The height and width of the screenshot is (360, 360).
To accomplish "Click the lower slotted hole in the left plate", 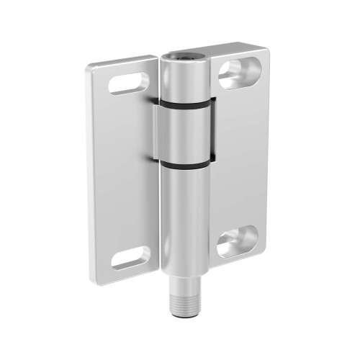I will pyautogui.click(x=130, y=256).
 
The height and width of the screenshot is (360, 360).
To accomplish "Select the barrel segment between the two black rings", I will pyautogui.click(x=186, y=135).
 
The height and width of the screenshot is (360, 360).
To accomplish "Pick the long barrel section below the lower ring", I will pyautogui.click(x=186, y=230).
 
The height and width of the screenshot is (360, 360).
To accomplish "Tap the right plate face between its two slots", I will pyautogui.click(x=238, y=158).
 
